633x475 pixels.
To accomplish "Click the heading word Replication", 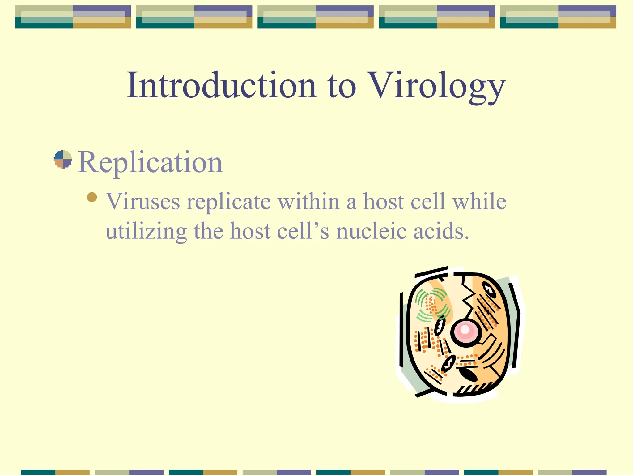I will click(150, 162).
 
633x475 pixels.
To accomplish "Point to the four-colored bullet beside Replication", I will click(63, 159).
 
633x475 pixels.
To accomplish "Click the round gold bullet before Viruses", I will click(92, 197).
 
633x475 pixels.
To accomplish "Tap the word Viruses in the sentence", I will click(143, 201).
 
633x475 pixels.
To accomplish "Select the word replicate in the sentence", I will click(229, 202).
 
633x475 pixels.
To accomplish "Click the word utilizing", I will click(146, 232).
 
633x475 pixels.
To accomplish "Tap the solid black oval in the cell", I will click(468, 374).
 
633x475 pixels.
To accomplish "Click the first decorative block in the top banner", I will click(73, 17).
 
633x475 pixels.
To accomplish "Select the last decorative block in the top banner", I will click(558, 17).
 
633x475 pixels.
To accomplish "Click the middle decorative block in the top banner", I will click(315, 17).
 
